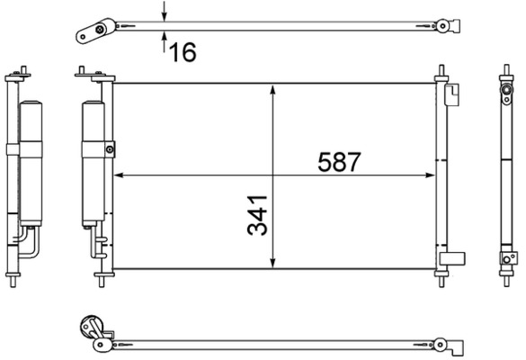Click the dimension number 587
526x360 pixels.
tap(339, 162)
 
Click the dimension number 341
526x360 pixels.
tap(258, 215)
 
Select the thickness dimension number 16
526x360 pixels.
tap(183, 52)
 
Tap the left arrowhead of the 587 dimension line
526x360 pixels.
tap(119, 175)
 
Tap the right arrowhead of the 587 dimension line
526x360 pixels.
tap(431, 175)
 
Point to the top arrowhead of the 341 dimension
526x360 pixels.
tap(272, 90)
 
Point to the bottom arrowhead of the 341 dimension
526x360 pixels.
tap(272, 263)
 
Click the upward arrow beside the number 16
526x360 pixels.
tap(164, 41)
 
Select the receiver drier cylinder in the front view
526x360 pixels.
tap(94, 164)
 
